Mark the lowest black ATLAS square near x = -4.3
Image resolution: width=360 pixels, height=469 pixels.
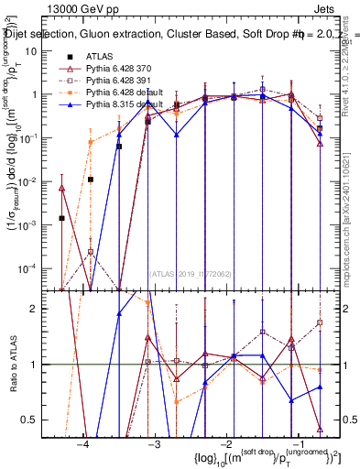[61, 218]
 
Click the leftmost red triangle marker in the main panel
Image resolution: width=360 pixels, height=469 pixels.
[61, 188]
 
